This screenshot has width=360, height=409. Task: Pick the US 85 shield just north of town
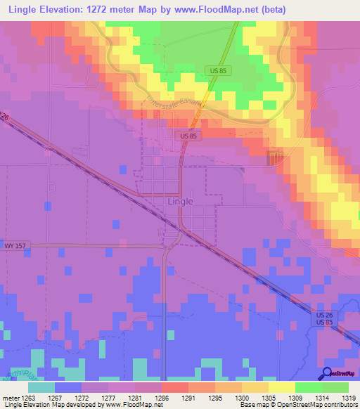189,136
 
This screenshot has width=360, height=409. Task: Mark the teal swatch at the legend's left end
41,387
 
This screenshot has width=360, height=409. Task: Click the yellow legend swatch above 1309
281,387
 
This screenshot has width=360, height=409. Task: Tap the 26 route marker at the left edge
4,117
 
